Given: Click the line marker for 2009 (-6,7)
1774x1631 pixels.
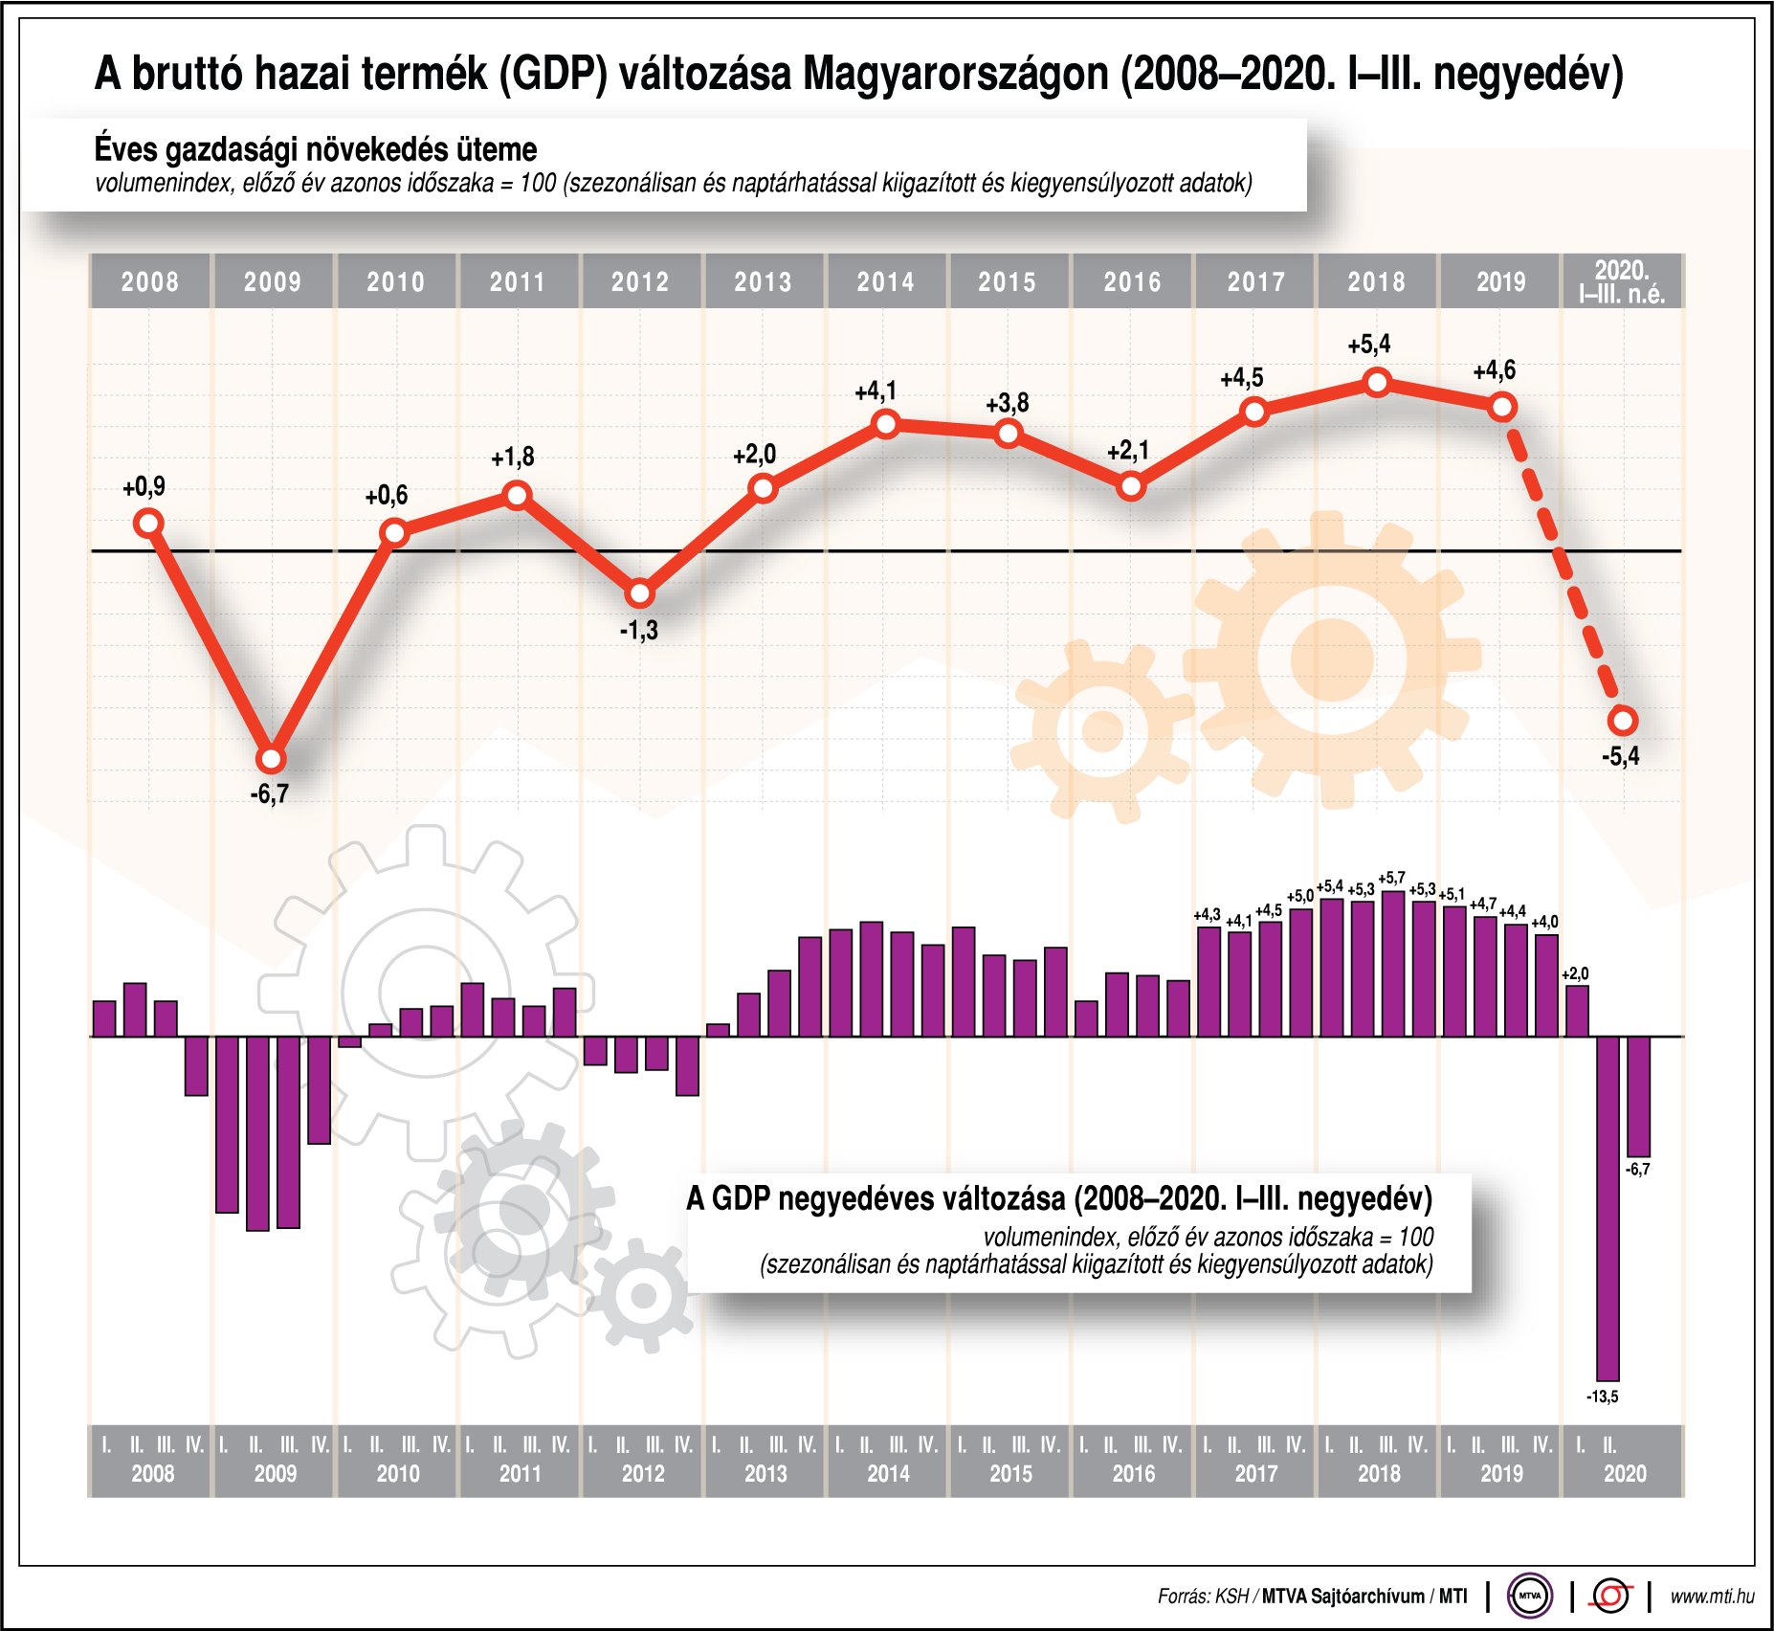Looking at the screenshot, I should point(272,760).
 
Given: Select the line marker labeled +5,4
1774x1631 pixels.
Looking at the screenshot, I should point(1377,383).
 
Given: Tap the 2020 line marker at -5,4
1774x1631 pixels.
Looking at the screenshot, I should point(1623,720).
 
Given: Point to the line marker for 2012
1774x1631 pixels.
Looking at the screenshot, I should point(640,594).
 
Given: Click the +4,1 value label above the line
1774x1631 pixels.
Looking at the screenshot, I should point(876,391).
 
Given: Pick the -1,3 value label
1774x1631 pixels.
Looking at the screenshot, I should point(639,631).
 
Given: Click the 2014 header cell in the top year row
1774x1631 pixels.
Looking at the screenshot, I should point(885,281).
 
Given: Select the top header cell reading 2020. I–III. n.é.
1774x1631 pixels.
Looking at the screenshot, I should point(1622,281).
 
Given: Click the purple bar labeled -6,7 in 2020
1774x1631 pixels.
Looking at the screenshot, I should point(1639,1096).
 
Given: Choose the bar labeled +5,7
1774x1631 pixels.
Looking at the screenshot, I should point(1393,963).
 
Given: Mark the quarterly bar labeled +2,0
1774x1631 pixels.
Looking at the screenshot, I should point(1577,1011).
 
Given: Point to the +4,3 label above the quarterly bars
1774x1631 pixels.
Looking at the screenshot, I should point(1207,915).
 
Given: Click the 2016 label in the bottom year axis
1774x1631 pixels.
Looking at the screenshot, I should point(1134,1474).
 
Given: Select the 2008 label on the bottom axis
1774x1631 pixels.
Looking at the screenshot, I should point(153,1474).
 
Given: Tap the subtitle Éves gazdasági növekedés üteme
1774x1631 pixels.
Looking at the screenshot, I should point(316,149).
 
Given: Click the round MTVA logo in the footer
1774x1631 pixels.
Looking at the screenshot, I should point(1529,1596).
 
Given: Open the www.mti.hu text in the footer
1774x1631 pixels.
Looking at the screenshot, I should point(1712,1597).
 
